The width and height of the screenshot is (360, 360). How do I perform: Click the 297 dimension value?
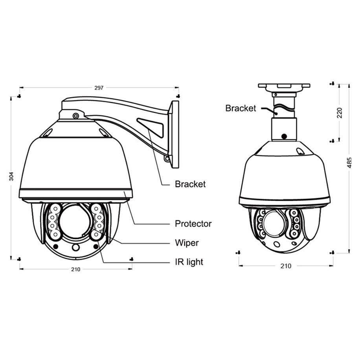click(x=99, y=88)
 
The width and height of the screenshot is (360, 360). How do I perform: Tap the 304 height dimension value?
click(x=11, y=176)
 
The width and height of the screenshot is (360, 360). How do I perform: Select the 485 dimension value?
click(x=349, y=163)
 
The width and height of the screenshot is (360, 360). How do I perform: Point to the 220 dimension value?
click(x=340, y=113)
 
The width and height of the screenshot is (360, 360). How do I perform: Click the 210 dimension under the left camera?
click(x=75, y=269)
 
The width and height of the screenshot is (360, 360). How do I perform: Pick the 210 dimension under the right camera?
click(x=286, y=266)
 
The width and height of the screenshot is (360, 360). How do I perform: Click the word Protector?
click(x=193, y=224)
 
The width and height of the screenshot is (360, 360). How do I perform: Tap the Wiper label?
click(x=187, y=242)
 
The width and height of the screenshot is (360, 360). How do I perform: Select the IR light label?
click(x=189, y=262)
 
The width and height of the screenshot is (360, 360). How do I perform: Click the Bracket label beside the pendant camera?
click(x=241, y=108)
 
